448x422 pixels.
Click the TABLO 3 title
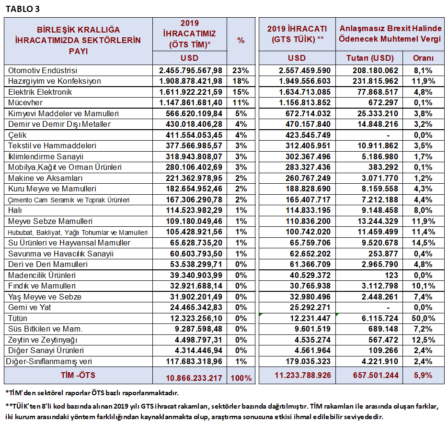tap(23, 9)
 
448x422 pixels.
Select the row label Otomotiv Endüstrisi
tap(43, 70)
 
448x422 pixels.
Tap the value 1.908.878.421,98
tap(191, 81)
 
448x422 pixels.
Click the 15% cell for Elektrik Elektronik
tap(241, 92)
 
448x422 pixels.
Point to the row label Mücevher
tap(25, 103)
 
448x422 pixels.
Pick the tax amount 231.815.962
tap(375, 81)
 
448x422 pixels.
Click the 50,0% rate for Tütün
tap(423, 319)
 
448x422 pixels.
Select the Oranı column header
tap(423, 58)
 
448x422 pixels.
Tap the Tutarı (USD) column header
tap(370, 58)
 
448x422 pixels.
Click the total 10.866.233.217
tap(194, 378)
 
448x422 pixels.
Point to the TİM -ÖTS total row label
tap(78, 375)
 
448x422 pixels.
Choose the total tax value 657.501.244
tap(376, 375)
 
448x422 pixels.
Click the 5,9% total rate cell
tap(423, 375)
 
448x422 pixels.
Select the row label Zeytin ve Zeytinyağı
tap(43, 340)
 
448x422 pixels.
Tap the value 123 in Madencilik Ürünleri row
tap(391, 275)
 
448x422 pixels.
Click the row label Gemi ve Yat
tap(29, 308)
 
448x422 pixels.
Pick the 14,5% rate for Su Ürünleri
tap(423, 243)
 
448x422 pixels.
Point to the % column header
tap(241, 41)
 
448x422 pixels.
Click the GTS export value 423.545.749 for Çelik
tap(308, 135)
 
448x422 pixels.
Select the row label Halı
tap(15, 211)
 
